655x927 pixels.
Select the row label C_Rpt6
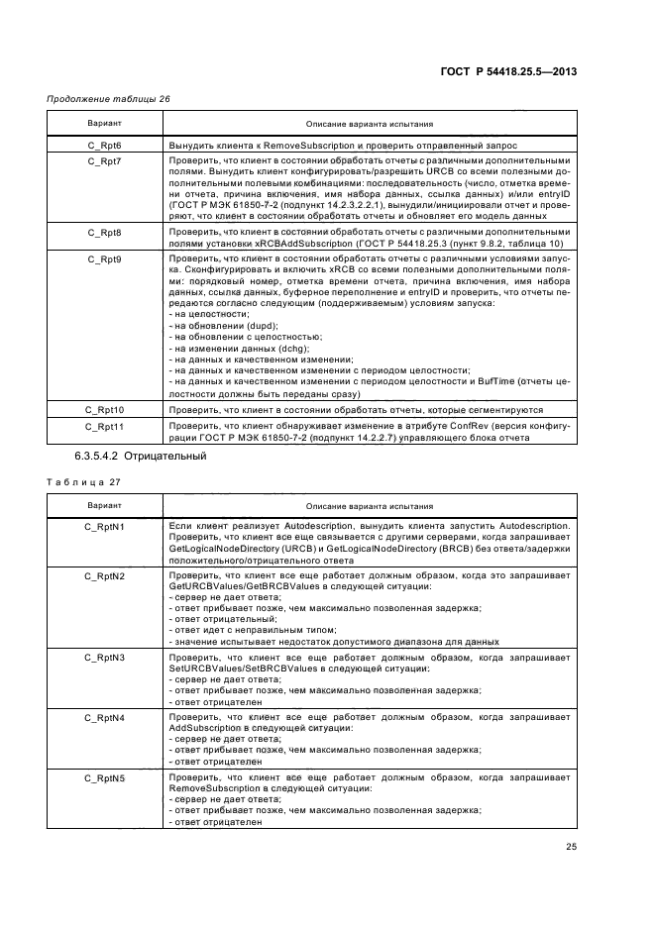point(105,145)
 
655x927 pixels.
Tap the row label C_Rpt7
point(105,159)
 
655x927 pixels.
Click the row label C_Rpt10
point(105,408)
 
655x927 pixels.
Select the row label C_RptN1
point(105,526)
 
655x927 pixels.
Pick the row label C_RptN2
point(105,574)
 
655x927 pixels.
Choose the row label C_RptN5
point(105,779)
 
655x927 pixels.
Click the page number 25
point(572,846)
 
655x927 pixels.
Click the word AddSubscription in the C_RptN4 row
point(206,727)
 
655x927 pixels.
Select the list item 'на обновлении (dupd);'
point(225,325)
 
